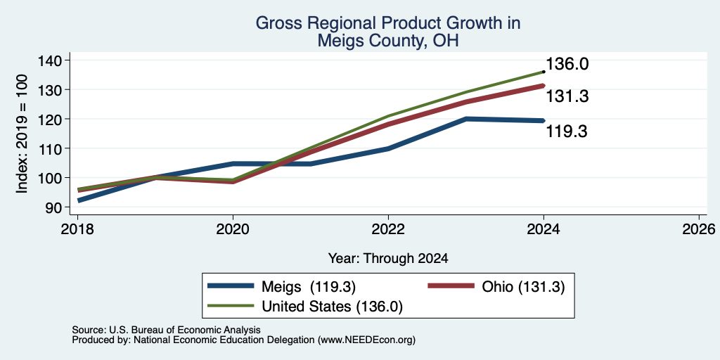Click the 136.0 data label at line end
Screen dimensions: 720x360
(567, 64)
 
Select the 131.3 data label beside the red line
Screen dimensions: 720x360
(567, 96)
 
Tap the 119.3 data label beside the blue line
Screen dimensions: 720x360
(567, 131)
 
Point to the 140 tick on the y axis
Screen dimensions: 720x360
(52, 60)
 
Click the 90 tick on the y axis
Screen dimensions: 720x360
(57, 207)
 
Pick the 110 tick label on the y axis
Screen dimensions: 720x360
(52, 148)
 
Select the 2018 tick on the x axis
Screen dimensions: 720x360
(77, 229)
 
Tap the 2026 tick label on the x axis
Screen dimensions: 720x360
(699, 229)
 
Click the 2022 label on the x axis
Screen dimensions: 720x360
(388, 229)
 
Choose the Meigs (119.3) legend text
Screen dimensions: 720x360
(309, 287)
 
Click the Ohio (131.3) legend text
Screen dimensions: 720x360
(523, 287)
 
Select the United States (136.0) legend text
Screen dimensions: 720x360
(332, 307)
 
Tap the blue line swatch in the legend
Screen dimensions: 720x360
(231, 286)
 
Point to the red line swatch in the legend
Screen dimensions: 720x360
(451, 286)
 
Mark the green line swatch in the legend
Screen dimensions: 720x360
(231, 305)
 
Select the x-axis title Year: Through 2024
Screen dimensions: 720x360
(388, 259)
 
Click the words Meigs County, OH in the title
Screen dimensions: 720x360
(388, 41)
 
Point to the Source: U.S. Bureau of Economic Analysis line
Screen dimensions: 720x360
(166, 330)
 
